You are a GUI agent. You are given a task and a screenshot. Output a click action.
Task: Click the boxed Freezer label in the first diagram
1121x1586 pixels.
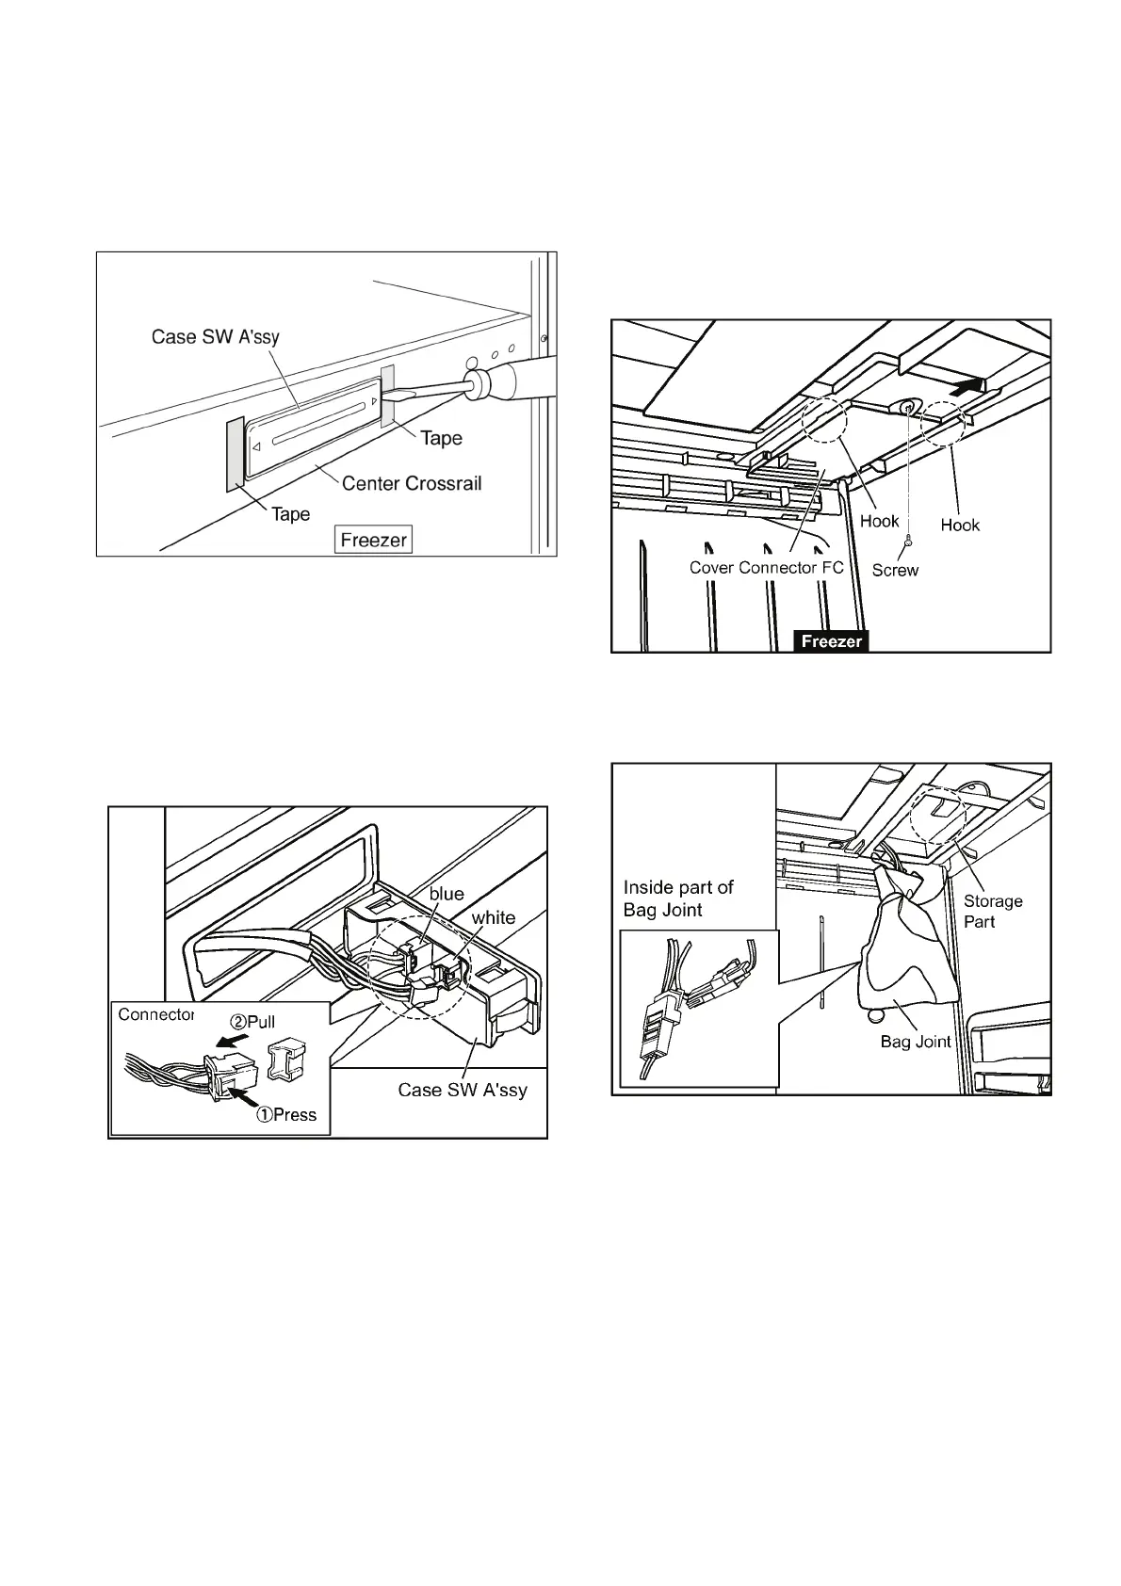pyautogui.click(x=374, y=541)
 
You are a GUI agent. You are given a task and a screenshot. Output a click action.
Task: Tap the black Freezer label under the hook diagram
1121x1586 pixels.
pyautogui.click(x=831, y=641)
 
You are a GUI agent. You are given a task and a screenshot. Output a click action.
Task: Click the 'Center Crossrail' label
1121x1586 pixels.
pyautogui.click(x=412, y=483)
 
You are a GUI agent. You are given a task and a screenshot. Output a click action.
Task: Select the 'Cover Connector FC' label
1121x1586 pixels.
pyautogui.click(x=766, y=568)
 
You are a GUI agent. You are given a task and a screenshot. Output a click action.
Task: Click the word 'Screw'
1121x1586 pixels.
pyautogui.click(x=895, y=570)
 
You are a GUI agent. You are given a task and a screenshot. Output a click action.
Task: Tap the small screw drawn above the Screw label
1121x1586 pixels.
pyautogui.click(x=906, y=542)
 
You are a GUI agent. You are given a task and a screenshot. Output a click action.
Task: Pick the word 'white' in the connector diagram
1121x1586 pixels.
pyautogui.click(x=494, y=917)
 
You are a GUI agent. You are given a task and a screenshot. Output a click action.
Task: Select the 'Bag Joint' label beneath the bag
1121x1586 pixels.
pyautogui.click(x=916, y=1042)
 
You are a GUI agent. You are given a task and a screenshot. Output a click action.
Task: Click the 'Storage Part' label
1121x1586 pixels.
pyautogui.click(x=992, y=911)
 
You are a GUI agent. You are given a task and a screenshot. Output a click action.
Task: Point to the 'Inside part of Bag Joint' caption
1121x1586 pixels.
pyautogui.click(x=678, y=898)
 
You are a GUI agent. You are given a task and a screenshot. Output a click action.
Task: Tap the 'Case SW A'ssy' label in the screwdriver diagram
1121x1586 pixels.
pyautogui.click(x=216, y=337)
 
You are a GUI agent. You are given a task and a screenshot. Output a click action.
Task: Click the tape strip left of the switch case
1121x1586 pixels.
pyautogui.click(x=235, y=455)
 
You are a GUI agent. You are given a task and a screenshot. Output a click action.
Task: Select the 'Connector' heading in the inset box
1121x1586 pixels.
pyautogui.click(x=155, y=1014)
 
